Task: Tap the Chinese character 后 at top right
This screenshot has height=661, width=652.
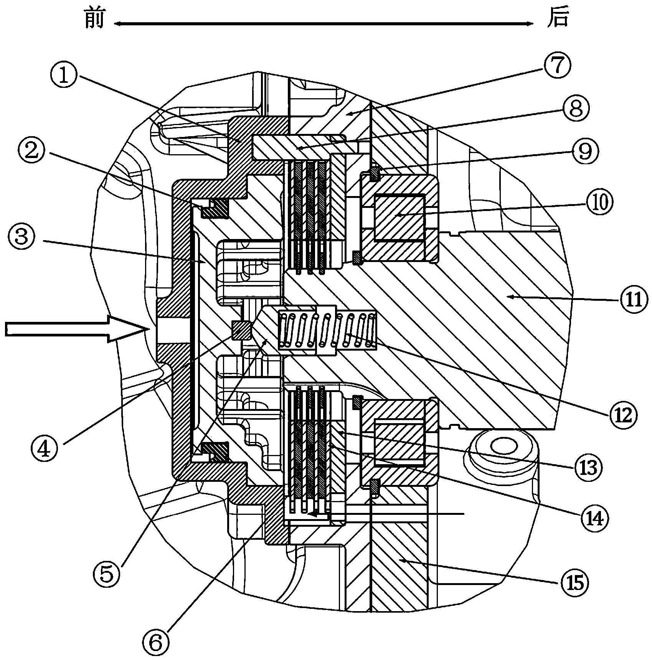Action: click(x=558, y=18)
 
